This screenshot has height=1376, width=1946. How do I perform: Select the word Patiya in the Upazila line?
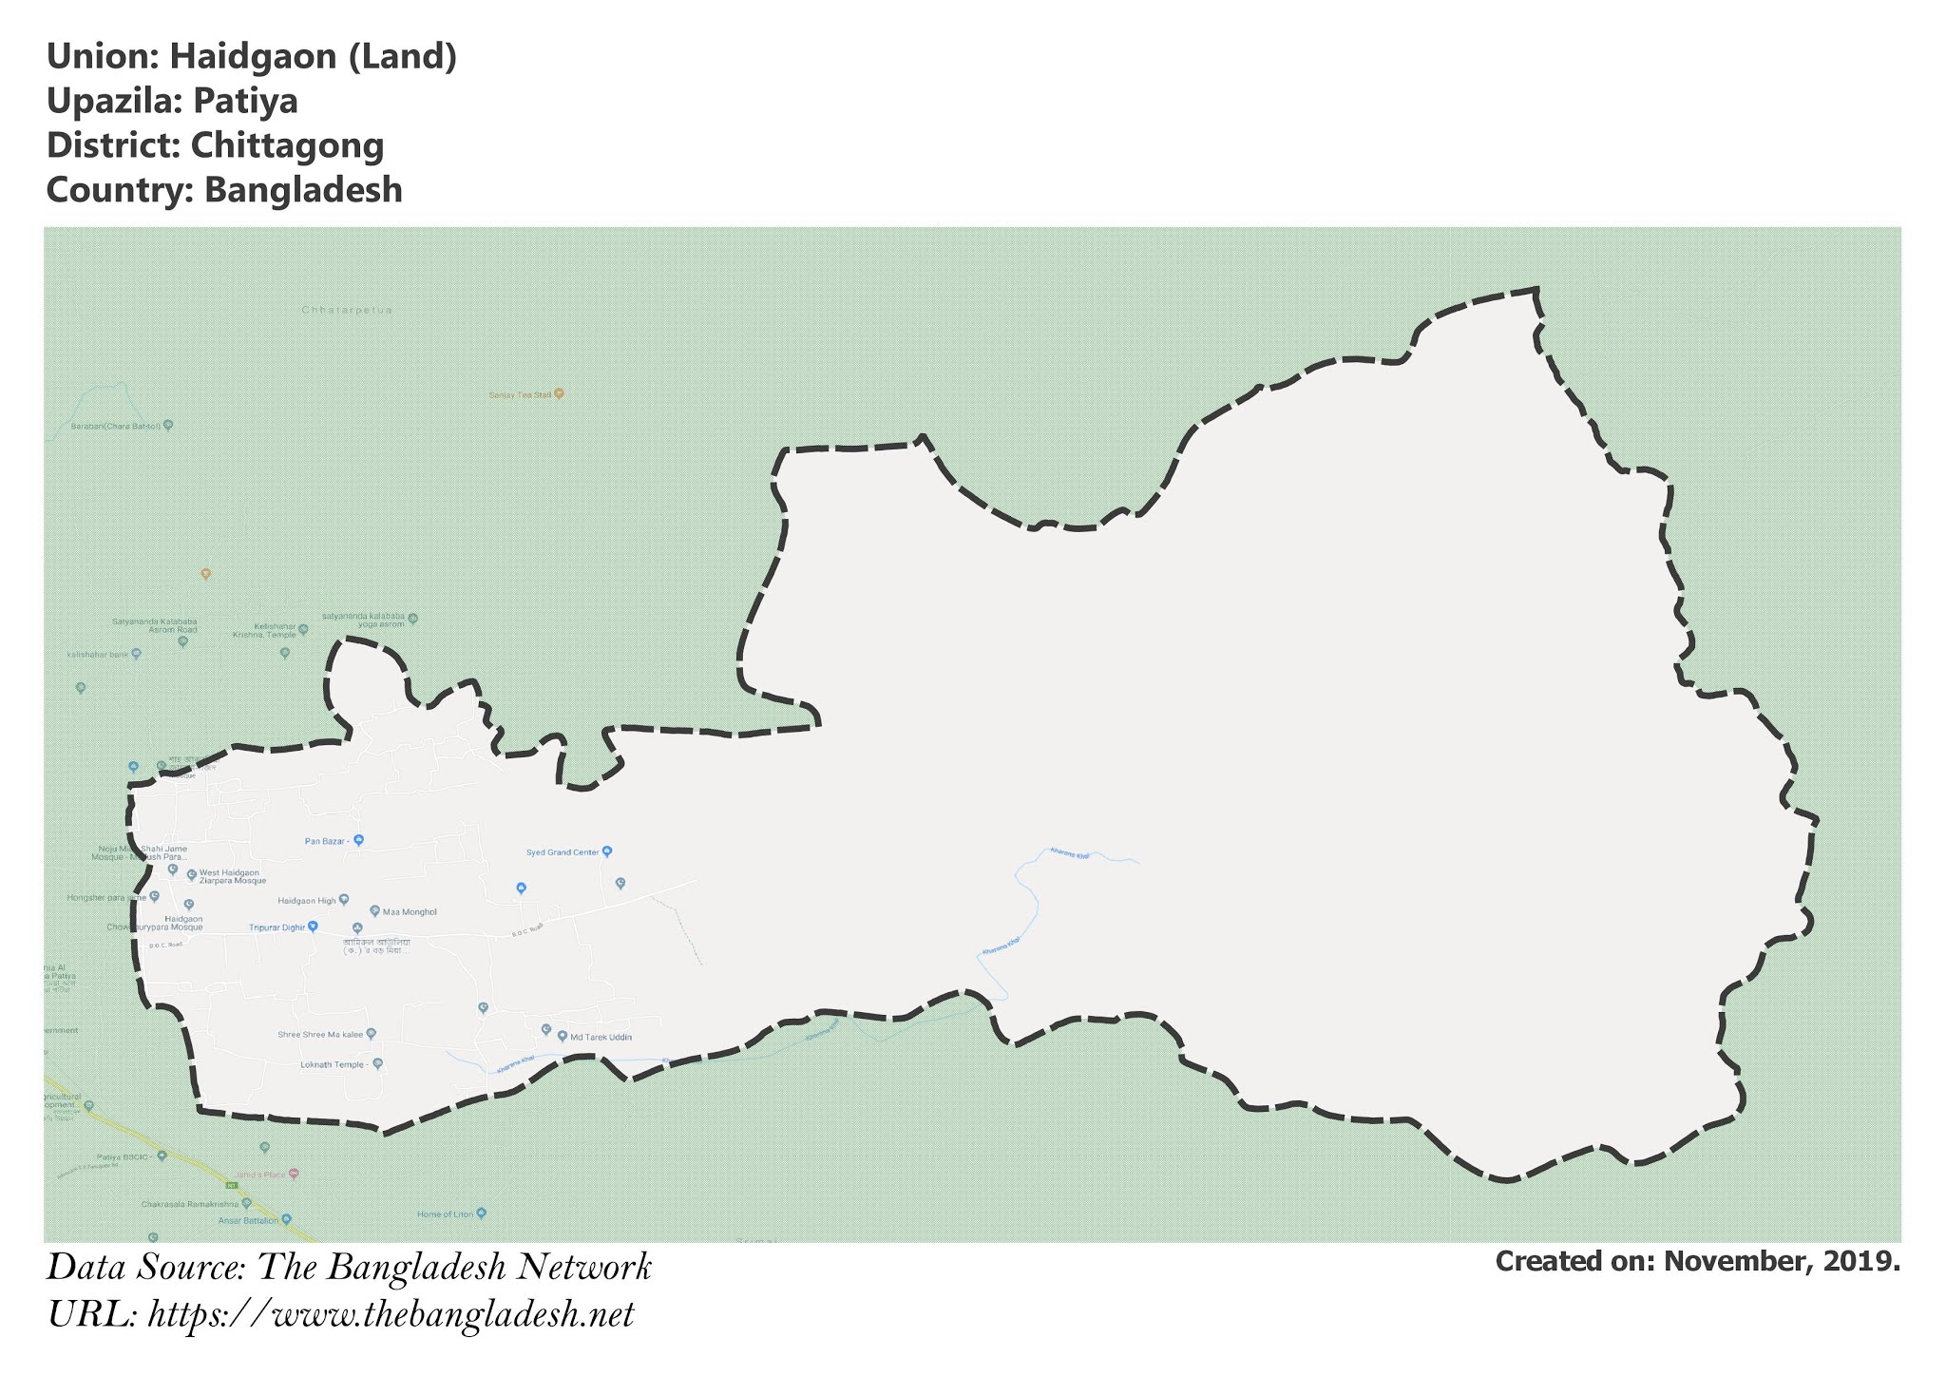tap(245, 101)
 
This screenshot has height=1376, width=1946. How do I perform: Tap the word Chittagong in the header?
tap(287, 145)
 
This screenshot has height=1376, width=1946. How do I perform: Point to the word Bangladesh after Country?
tap(303, 190)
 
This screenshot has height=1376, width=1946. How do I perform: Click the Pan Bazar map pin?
tap(359, 840)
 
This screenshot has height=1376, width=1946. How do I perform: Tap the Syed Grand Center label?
tap(563, 852)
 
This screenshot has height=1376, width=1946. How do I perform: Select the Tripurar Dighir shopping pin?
tap(312, 927)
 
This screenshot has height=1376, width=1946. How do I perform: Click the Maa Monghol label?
tap(410, 912)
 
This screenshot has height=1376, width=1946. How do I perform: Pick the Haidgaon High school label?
tap(307, 900)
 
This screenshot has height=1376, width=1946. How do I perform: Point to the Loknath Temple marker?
tap(377, 1064)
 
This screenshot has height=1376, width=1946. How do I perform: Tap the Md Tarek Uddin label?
tap(601, 1037)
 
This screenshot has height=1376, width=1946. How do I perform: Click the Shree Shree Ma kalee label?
tap(321, 1034)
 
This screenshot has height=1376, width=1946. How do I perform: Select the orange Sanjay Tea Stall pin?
tap(559, 392)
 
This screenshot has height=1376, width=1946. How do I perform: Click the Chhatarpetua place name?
tap(347, 310)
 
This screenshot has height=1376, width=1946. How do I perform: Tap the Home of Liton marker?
tap(481, 1214)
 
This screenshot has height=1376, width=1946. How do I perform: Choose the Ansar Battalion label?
tap(249, 1220)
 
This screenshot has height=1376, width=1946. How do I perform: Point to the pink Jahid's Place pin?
tap(294, 1174)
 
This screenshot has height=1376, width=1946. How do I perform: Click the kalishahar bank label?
tap(98, 655)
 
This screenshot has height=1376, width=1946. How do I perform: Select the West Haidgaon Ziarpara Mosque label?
tap(233, 876)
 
